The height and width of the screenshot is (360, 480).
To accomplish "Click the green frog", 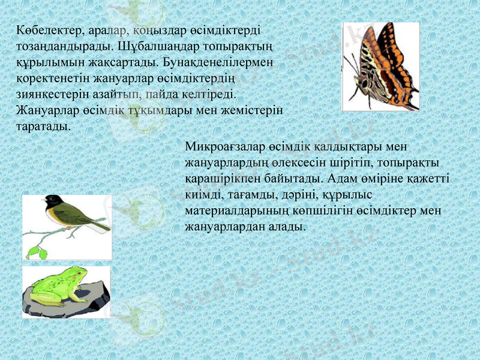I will (x=60, y=287).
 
